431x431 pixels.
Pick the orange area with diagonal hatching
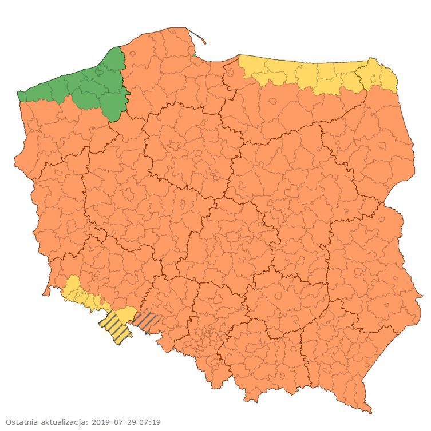[x=145, y=321]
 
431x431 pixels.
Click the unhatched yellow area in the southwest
[x=80, y=294]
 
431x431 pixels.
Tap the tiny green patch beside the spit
[x=193, y=55]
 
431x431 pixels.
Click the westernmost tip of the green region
[x=19, y=95]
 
